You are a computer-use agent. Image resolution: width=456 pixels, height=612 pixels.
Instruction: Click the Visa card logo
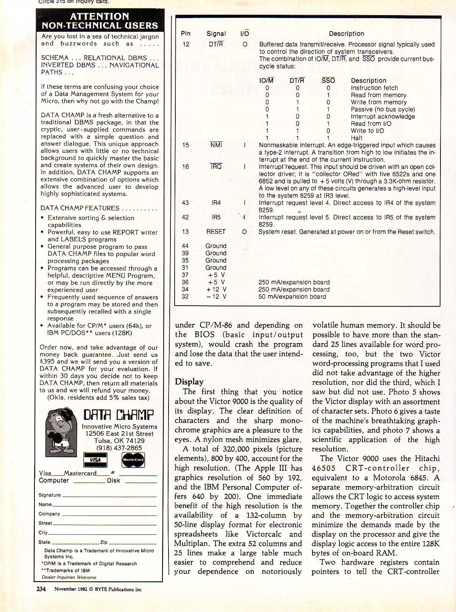click(x=95, y=460)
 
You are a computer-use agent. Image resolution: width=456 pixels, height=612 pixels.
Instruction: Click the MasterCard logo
click(x=133, y=460)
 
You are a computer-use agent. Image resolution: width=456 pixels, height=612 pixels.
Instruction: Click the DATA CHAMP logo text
click(x=119, y=415)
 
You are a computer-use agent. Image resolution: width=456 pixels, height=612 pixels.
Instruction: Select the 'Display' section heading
click(x=189, y=382)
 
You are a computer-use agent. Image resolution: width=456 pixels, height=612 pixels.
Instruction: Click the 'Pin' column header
click(x=186, y=34)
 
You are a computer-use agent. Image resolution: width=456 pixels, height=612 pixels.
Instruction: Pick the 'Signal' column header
click(x=216, y=34)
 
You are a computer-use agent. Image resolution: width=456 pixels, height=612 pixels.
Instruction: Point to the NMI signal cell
click(x=216, y=145)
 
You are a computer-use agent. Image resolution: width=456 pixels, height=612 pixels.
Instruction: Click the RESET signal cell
click(x=216, y=231)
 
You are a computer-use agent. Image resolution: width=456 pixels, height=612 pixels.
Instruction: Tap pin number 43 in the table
click(x=185, y=203)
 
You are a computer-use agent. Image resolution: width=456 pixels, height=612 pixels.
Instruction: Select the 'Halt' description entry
click(x=356, y=138)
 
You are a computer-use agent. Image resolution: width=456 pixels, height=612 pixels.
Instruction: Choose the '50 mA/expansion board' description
click(x=292, y=297)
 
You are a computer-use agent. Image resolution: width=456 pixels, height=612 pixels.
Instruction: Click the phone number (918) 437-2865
click(x=119, y=448)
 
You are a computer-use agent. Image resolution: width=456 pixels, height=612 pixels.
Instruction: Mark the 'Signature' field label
click(x=50, y=495)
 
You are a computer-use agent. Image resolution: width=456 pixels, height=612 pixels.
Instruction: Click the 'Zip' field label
click(x=104, y=542)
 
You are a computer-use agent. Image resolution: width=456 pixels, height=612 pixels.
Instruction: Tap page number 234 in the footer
click(x=41, y=589)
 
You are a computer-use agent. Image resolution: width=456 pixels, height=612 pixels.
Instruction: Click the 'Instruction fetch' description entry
click(x=374, y=88)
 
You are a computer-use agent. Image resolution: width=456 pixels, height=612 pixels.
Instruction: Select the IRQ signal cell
click(x=216, y=167)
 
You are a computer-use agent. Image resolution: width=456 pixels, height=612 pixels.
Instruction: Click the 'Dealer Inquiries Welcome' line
click(x=69, y=577)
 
